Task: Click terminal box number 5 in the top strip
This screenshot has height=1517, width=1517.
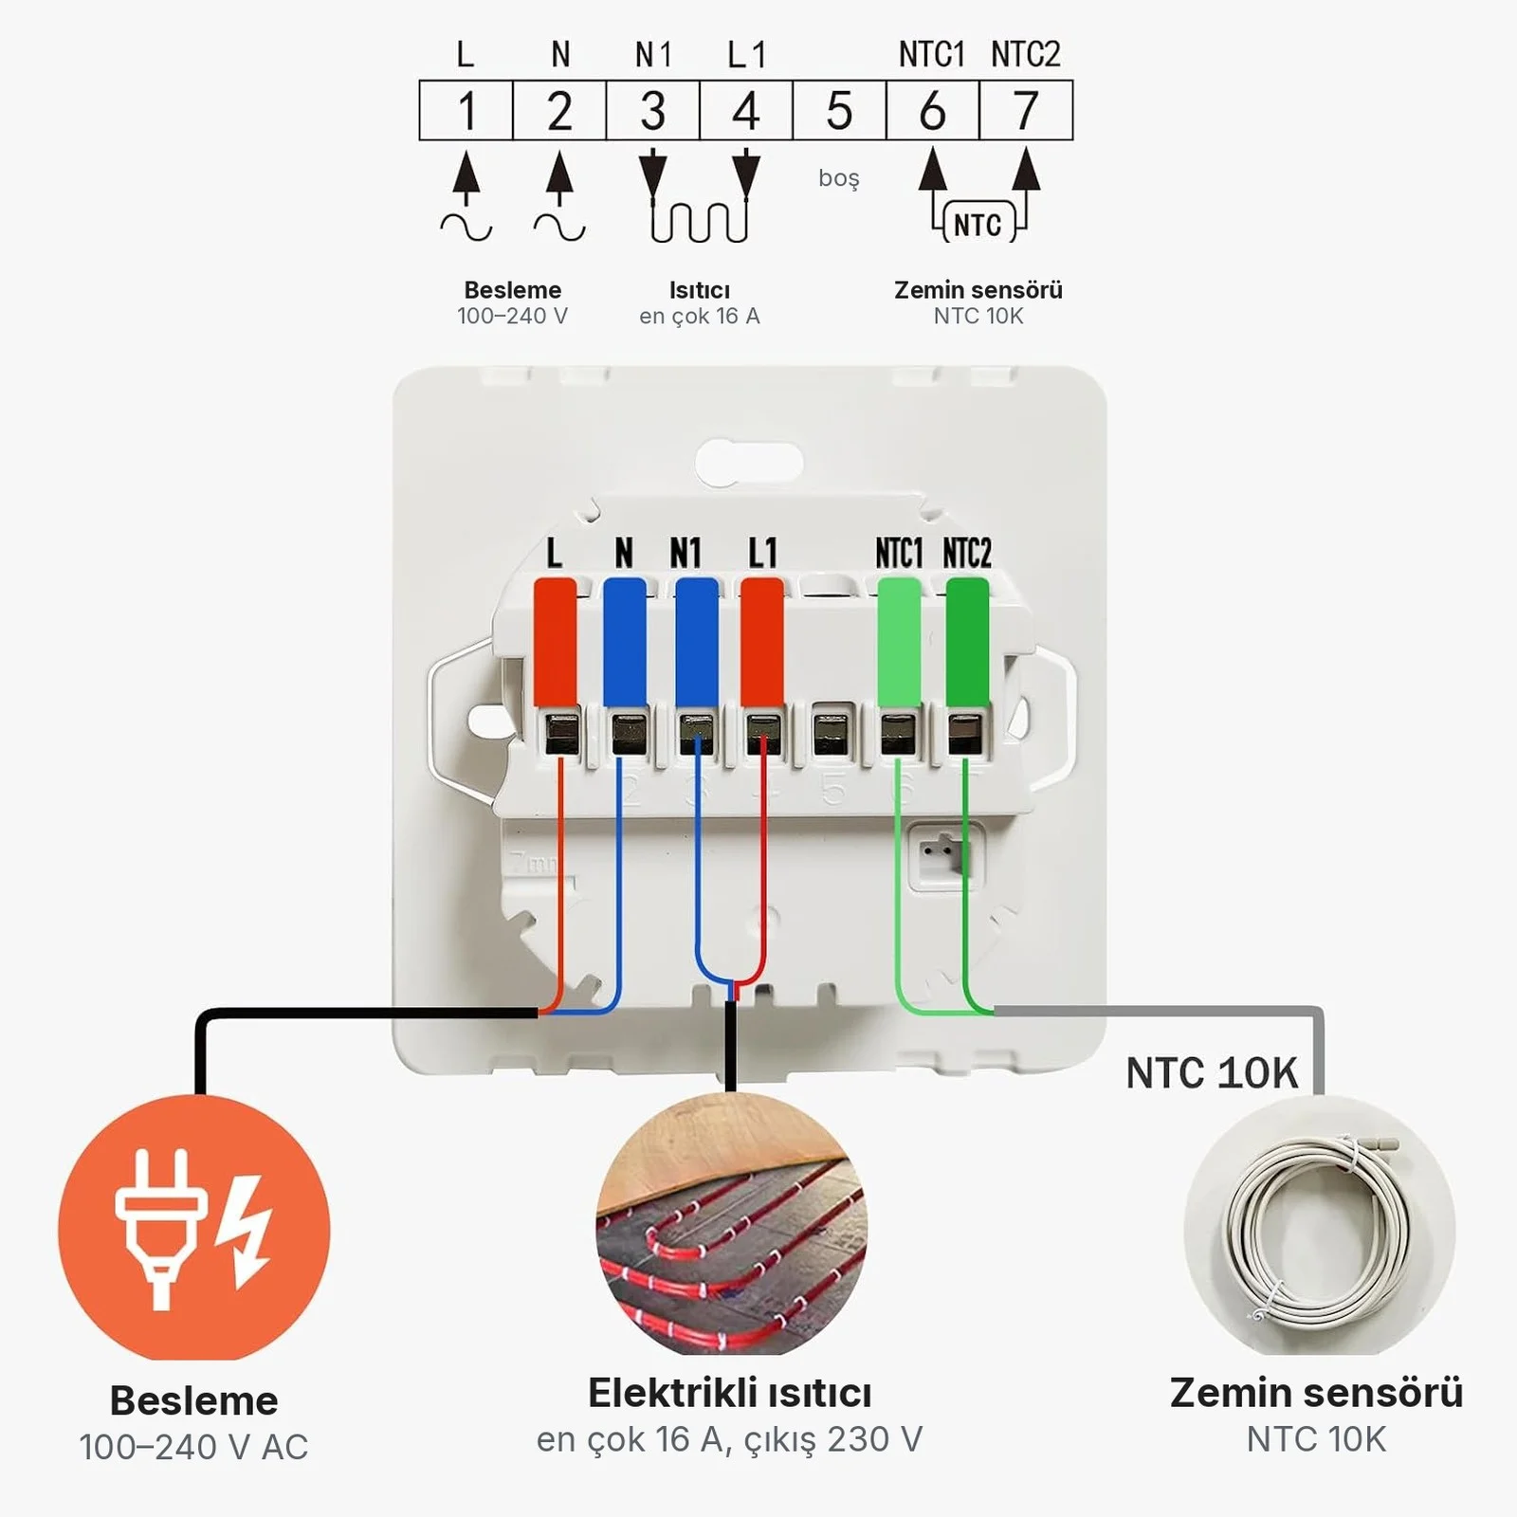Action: click(x=839, y=110)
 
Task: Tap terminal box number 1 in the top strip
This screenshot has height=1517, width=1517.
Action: click(x=466, y=110)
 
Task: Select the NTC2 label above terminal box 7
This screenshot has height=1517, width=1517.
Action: click(x=1025, y=55)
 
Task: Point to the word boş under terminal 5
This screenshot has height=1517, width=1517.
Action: click(x=839, y=178)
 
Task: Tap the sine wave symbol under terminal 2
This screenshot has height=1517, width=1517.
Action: click(x=559, y=228)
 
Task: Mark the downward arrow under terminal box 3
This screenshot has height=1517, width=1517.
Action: click(x=652, y=174)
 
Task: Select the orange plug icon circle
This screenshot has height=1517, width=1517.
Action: click(x=194, y=1229)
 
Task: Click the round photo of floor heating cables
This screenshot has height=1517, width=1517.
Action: click(x=731, y=1223)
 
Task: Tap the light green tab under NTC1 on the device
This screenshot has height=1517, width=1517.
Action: click(x=899, y=642)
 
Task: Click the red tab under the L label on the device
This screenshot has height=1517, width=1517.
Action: click(x=555, y=642)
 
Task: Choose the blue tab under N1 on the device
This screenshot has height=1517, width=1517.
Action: click(x=696, y=642)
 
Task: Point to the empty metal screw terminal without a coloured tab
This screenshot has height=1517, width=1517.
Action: click(x=832, y=730)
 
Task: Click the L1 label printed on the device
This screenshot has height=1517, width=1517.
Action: click(x=762, y=552)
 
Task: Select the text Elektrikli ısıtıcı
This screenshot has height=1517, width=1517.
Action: click(x=729, y=1393)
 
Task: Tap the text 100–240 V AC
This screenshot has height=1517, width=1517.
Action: click(x=193, y=1447)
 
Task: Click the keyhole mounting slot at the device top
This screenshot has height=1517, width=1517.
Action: click(x=749, y=463)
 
